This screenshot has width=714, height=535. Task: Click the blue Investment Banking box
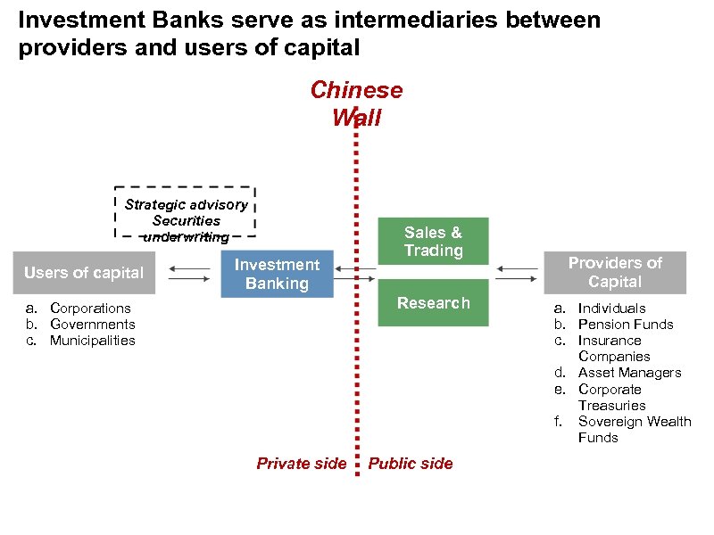click(277, 274)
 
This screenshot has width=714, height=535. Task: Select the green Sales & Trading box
click(433, 242)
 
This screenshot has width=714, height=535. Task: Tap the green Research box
click(433, 303)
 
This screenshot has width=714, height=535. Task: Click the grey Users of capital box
click(83, 273)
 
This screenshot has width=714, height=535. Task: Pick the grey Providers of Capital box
click(615, 272)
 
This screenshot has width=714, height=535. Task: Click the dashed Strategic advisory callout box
click(186, 212)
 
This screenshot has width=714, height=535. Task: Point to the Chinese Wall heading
click(356, 103)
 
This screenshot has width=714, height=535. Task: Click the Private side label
click(301, 463)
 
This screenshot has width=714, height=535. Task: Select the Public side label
click(411, 463)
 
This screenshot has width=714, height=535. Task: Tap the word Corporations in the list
click(90, 309)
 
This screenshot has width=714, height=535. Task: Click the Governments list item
click(92, 325)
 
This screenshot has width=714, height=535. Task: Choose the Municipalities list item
click(92, 341)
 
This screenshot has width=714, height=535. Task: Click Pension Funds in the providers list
click(626, 325)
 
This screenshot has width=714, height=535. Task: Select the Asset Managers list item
click(629, 373)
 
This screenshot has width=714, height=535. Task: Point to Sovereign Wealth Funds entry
click(634, 429)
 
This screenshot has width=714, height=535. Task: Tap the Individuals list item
click(611, 309)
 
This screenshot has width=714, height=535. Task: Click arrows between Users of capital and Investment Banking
click(188, 273)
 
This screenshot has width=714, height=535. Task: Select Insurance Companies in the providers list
click(613, 349)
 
